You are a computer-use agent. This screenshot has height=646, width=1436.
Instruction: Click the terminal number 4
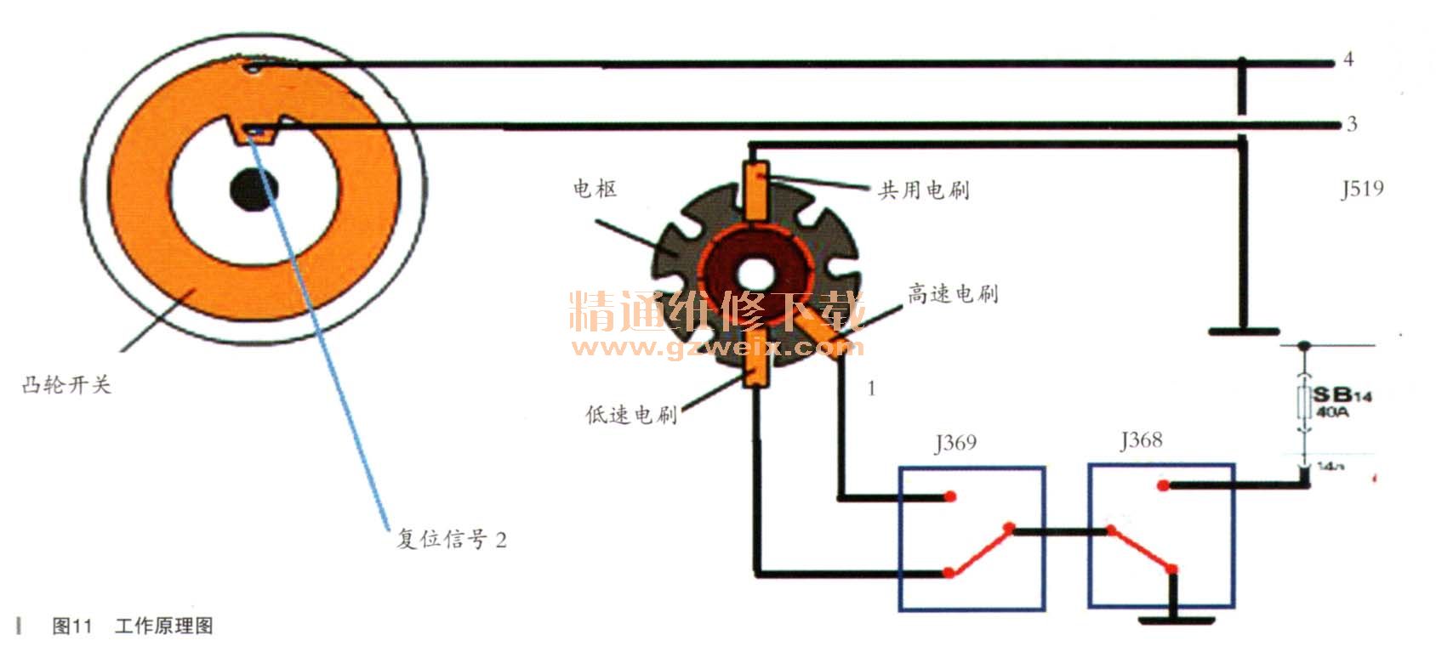coord(1348,59)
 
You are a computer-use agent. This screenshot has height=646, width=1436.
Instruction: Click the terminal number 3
coord(1352,125)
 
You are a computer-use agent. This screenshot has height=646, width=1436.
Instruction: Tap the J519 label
coord(1362,189)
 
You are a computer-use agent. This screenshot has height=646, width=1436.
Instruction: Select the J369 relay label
coord(955,443)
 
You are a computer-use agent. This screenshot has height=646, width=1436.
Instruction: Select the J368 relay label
coord(1141,440)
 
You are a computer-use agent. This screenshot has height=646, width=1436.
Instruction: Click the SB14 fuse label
coord(1342,396)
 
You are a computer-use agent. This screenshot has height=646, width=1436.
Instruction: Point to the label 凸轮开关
coord(66,385)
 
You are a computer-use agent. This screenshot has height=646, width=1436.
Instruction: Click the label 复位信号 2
coord(452,539)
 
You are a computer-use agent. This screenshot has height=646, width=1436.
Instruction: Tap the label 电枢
coord(595,189)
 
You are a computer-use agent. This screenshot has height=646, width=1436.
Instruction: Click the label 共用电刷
coord(924,190)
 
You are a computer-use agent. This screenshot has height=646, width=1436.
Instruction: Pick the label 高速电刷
coord(952,294)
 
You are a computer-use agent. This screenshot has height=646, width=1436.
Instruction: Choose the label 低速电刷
coord(631,415)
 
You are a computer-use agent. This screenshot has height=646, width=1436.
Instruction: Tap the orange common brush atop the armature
coord(756,190)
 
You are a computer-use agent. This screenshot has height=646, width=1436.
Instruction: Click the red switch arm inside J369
coord(979,551)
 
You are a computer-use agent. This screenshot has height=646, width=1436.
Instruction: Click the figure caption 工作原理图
coord(163,626)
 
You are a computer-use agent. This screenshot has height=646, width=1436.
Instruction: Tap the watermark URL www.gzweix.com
coord(717,348)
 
